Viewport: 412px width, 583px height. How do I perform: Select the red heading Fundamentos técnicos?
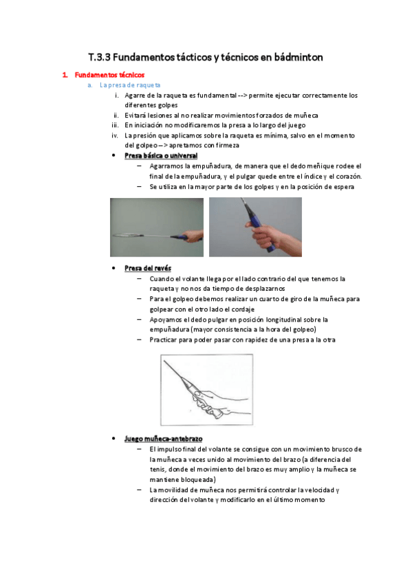109,75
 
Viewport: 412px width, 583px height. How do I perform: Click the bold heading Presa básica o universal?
161,156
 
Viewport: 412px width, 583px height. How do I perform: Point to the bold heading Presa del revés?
148,268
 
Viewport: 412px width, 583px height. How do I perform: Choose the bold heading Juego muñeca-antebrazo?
164,439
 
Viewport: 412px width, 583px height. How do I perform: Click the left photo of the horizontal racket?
157,228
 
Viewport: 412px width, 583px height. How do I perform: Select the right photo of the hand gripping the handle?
255,227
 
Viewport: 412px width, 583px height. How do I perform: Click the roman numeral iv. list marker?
116,135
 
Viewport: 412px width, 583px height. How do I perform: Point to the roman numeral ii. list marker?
116,115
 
